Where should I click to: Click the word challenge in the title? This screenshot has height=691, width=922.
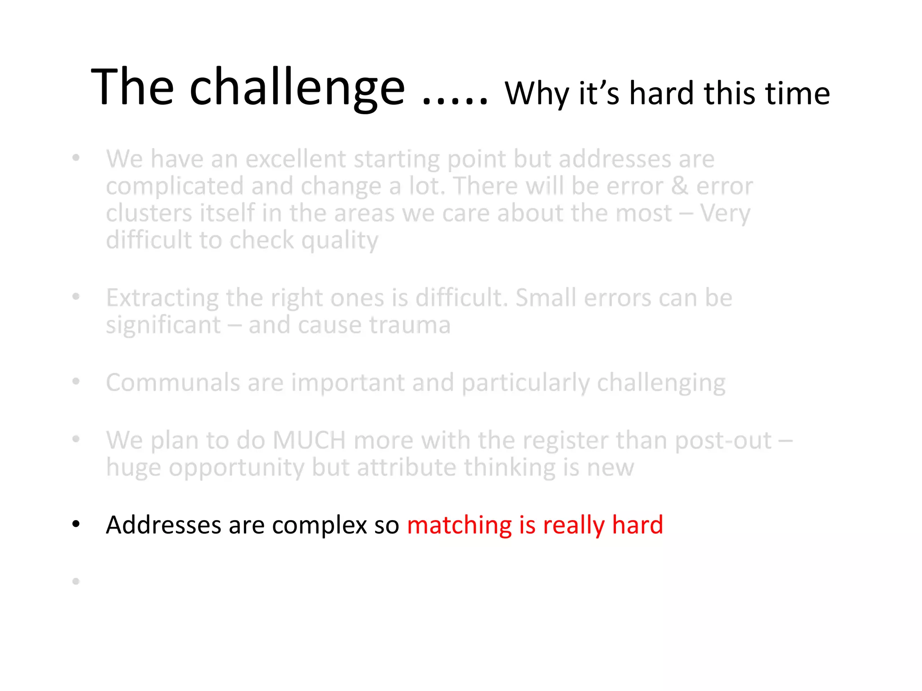pyautogui.click(x=297, y=88)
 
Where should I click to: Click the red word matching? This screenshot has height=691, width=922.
pyautogui.click(x=459, y=525)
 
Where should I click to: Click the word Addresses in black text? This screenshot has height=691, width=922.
pyautogui.click(x=163, y=525)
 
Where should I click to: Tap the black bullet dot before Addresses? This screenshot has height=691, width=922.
pyautogui.click(x=76, y=524)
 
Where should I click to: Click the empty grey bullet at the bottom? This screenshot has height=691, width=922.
pyautogui.click(x=76, y=581)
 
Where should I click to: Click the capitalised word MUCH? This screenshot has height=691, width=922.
pyautogui.click(x=309, y=440)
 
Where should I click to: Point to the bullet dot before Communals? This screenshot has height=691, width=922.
pyautogui.click(x=76, y=381)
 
